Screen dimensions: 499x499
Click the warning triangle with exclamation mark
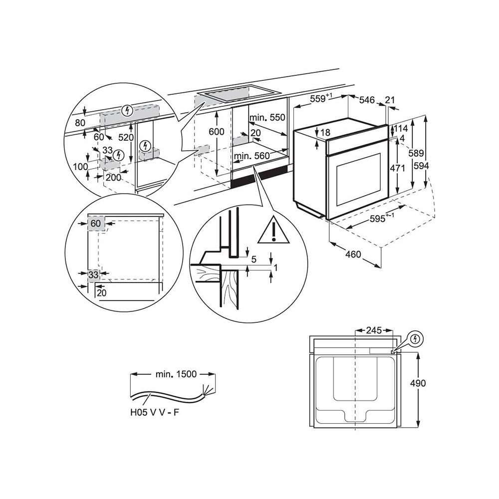273,230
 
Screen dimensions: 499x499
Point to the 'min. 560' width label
252,156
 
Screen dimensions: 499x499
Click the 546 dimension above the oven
367,100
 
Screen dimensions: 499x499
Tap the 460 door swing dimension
353,255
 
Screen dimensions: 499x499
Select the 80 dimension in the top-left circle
80,122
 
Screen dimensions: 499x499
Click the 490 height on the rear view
419,383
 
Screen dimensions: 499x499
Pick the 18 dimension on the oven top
325,133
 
